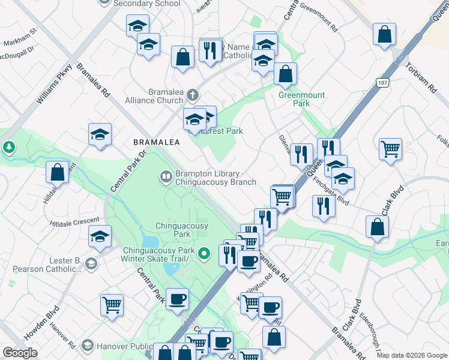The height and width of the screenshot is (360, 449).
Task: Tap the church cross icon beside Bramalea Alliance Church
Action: (192, 95)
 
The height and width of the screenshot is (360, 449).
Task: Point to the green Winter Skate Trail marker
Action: (204, 254)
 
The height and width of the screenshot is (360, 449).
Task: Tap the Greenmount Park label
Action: (301, 99)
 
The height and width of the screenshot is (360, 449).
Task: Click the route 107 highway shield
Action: (383, 82)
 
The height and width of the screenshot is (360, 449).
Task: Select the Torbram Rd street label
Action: (420, 78)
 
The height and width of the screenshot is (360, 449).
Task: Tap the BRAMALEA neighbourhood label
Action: (156, 142)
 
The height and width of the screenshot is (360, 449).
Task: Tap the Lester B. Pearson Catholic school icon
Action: (90, 263)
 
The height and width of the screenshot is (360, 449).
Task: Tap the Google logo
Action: (20, 353)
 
